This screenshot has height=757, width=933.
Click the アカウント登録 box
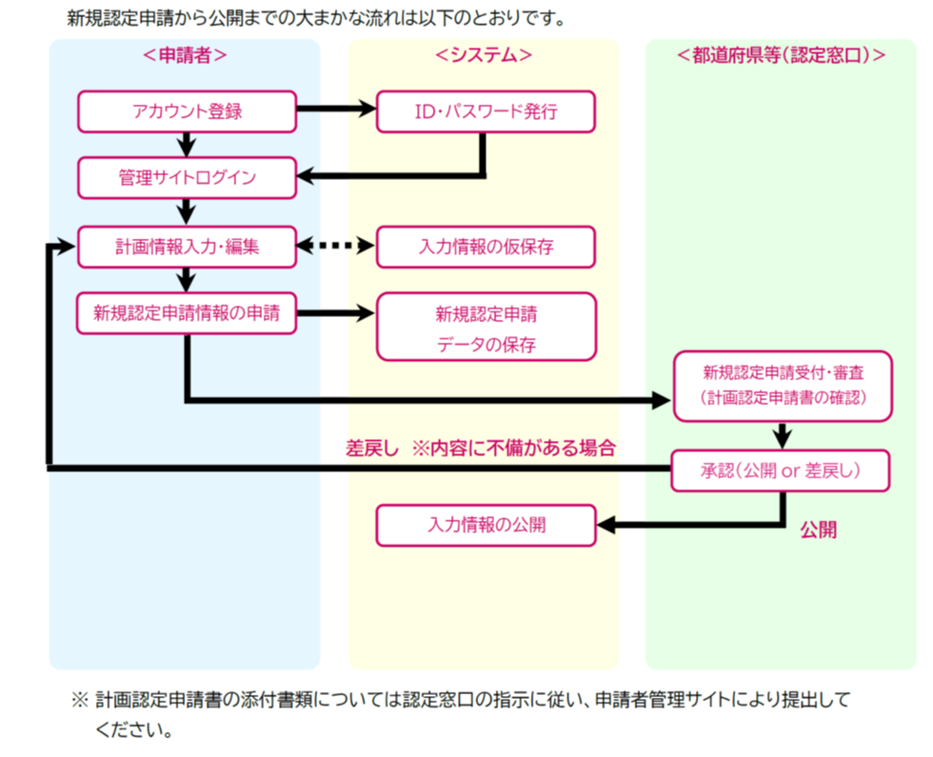pos(187,111)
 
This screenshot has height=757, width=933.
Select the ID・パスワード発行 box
pos(486,111)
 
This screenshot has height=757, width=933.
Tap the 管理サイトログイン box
pos(187,178)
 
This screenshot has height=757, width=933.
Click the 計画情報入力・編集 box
pos(187,247)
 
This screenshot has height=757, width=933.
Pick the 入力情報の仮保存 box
pos(486,247)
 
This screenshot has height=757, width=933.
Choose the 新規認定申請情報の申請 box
pos(187,314)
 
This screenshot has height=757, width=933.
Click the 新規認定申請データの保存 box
pos(486,327)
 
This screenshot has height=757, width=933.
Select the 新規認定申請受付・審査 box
pos(783,386)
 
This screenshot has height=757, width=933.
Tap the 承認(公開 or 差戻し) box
pos(781,471)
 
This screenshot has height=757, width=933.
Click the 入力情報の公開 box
pos(486,525)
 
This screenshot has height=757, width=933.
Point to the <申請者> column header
pos(185,55)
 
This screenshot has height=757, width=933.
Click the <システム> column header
pos(484,55)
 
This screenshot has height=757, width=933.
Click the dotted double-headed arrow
pos(337,247)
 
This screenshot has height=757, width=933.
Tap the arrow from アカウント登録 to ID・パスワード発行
pos(337,110)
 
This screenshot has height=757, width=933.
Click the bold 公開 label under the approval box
pos(818,530)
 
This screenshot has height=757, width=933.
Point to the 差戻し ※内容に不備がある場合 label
pos(480,448)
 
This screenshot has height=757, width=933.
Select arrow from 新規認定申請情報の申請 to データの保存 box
pos(337,313)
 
